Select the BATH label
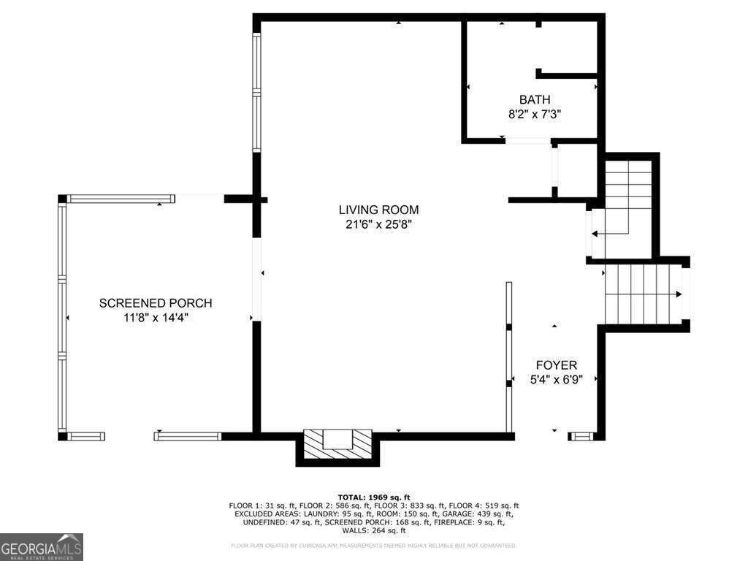point(535,99)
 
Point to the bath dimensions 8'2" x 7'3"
point(535,114)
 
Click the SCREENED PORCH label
point(156,303)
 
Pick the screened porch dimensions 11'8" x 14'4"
point(156,318)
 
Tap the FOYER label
point(557,365)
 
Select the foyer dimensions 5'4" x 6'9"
point(557,380)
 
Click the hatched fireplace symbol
point(337,441)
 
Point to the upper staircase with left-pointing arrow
point(627,208)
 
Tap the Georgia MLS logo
point(42,547)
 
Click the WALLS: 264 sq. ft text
point(373,530)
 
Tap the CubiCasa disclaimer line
point(374,546)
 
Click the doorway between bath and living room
point(527,140)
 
